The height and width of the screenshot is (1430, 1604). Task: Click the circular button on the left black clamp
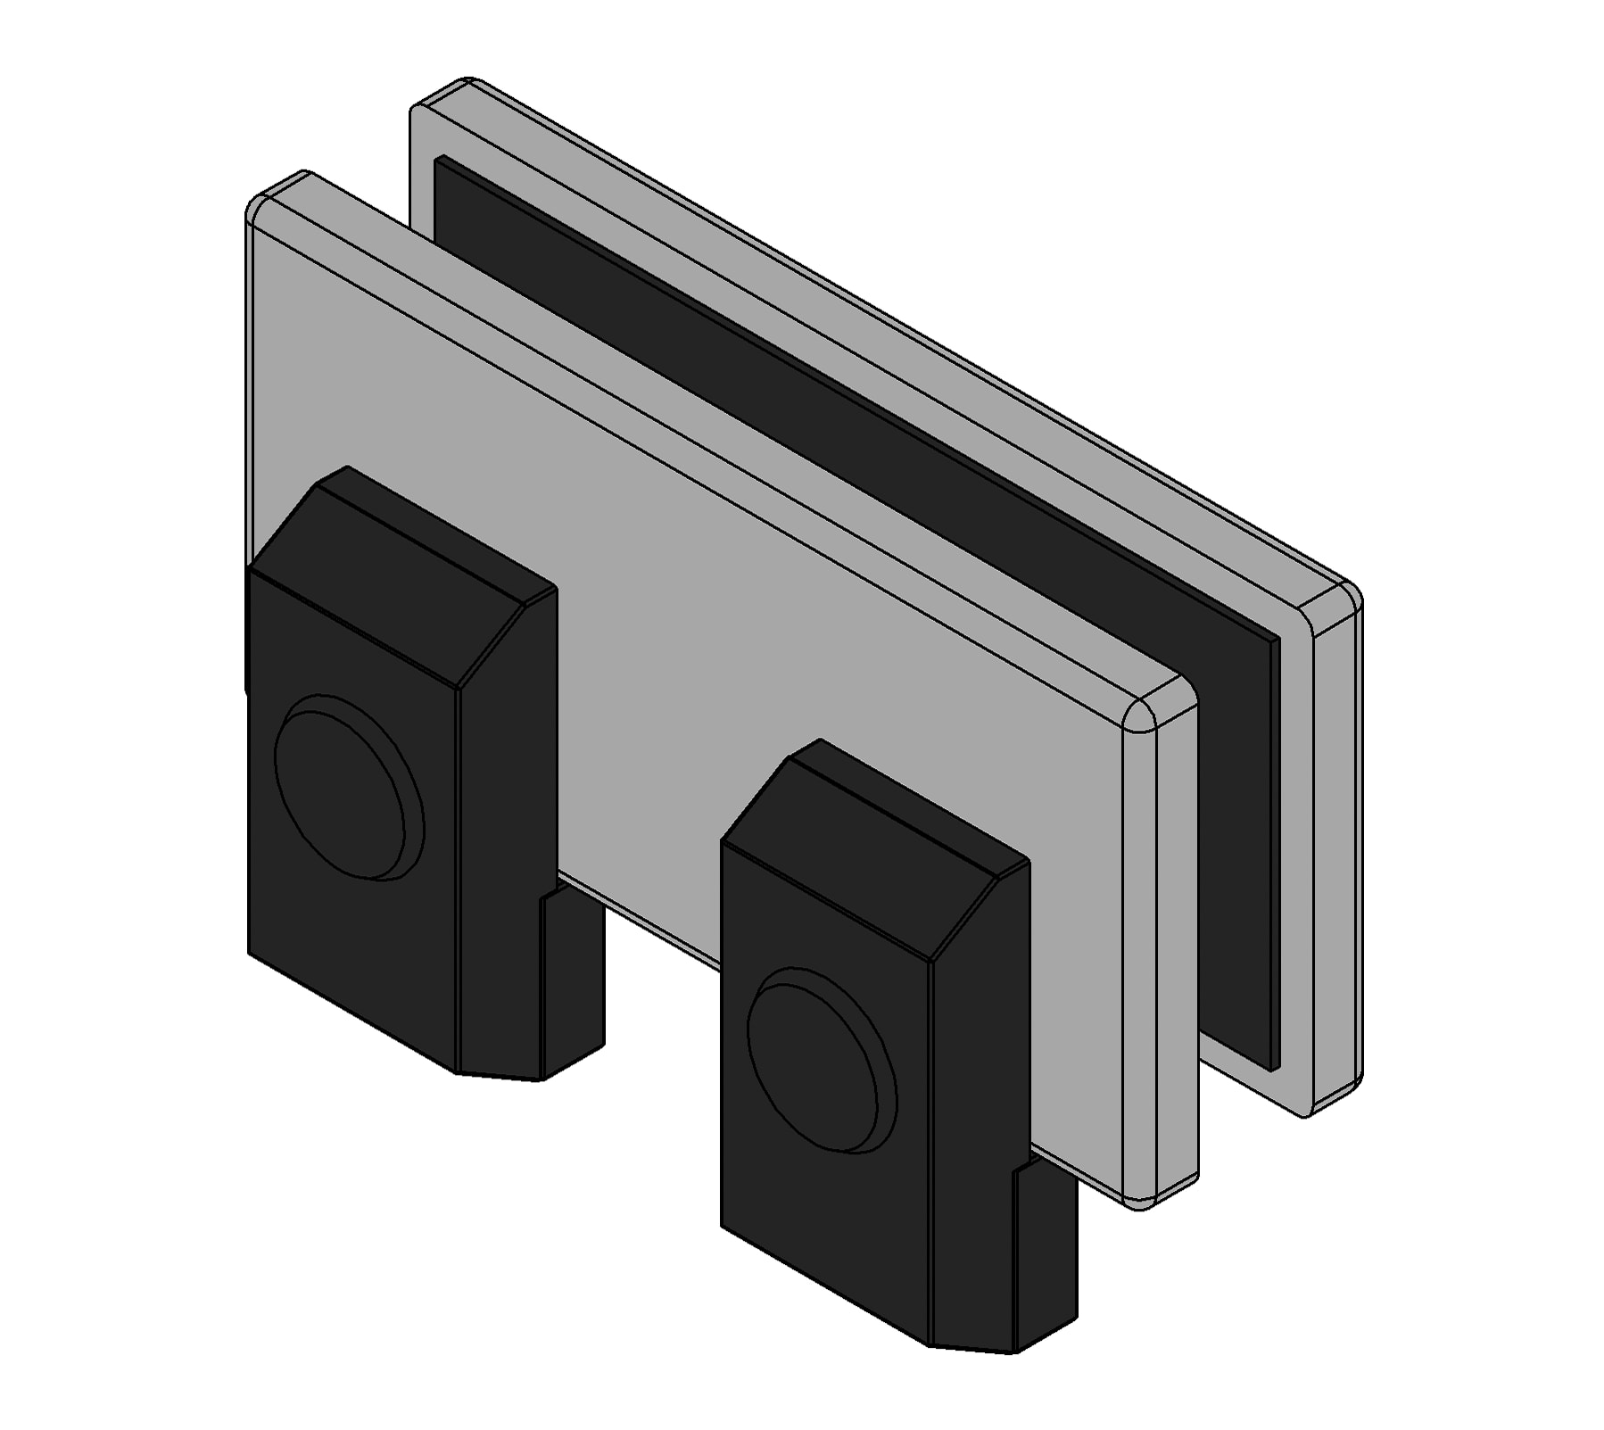click(348, 789)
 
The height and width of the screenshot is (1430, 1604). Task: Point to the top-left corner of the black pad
click(439, 161)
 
